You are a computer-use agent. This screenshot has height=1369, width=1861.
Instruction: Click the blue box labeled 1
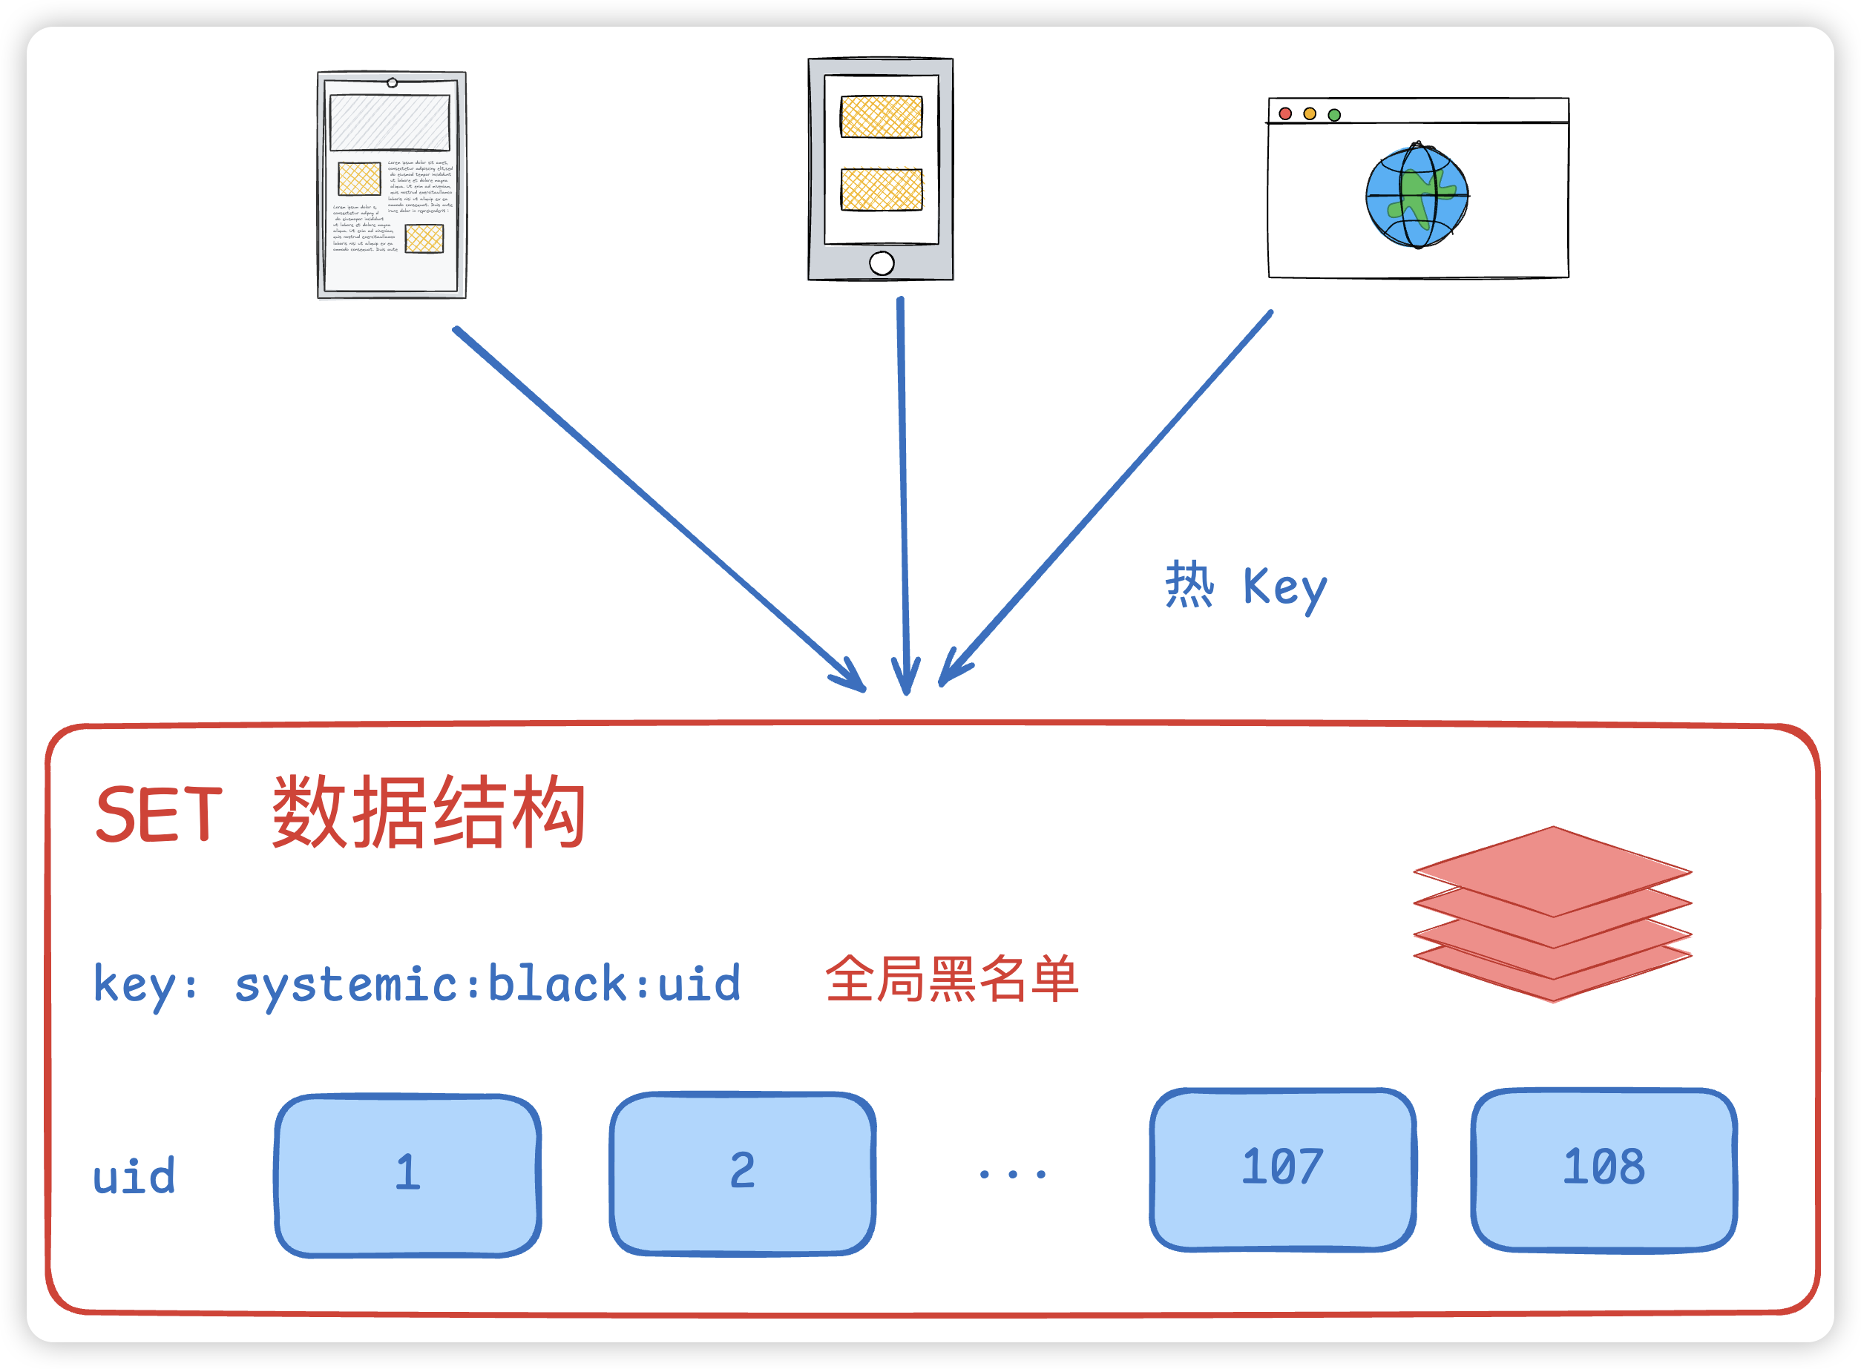(408, 1175)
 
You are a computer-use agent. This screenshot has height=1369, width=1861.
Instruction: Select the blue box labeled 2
(743, 1173)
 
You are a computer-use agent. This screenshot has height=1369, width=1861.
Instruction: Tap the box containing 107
(1282, 1170)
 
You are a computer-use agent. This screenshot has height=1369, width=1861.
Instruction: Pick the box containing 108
(1604, 1170)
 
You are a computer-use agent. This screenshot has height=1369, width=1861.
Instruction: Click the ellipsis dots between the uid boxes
(1012, 1174)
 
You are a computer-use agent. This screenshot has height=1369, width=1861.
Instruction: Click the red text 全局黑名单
(951, 980)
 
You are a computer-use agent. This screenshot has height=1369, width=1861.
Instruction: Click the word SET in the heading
(159, 816)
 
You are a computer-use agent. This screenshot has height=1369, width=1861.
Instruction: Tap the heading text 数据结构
(429, 813)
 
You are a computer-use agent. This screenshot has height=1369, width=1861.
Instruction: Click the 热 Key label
(1246, 587)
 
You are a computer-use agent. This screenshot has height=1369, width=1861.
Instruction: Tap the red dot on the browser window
(1285, 113)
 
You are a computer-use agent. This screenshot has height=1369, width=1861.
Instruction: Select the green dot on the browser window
(1333, 114)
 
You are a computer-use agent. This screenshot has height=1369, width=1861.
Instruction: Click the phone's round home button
(882, 263)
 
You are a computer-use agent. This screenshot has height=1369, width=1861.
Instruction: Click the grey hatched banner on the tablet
(390, 122)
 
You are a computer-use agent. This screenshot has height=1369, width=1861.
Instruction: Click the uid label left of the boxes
(134, 1177)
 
